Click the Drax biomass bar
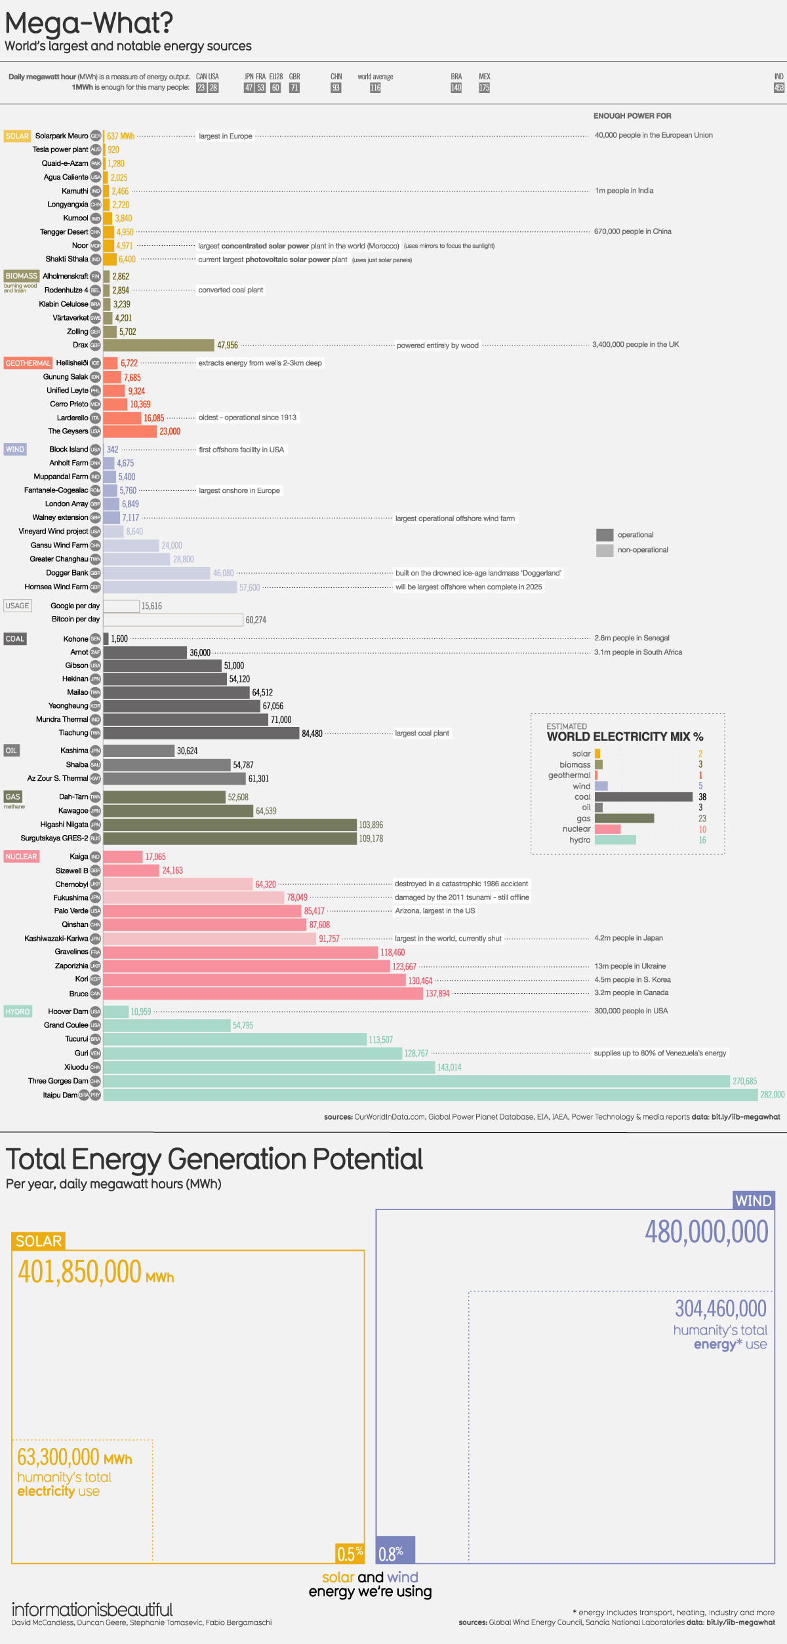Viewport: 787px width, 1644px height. click(159, 345)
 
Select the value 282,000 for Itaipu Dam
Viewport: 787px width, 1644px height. click(772, 1095)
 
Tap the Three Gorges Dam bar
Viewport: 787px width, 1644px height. click(416, 1081)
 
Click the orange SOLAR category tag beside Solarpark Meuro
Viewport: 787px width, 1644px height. click(17, 136)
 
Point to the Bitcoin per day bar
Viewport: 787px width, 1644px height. click(173, 619)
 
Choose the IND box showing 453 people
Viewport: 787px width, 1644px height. click(778, 88)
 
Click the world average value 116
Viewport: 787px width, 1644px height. click(375, 88)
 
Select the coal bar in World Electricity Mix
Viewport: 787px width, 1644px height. click(643, 797)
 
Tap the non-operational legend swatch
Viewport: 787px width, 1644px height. click(604, 551)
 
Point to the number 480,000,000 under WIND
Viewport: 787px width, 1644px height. click(706, 1232)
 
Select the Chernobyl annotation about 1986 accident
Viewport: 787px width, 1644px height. click(461, 884)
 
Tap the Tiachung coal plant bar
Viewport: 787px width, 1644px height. click(201, 734)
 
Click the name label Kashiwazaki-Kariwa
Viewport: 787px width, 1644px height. click(56, 939)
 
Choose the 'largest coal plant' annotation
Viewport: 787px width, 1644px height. click(422, 734)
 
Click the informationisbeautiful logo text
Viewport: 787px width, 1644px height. click(92, 1609)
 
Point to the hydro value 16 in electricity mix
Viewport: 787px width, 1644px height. click(702, 840)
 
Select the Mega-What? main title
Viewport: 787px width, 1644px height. click(89, 24)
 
